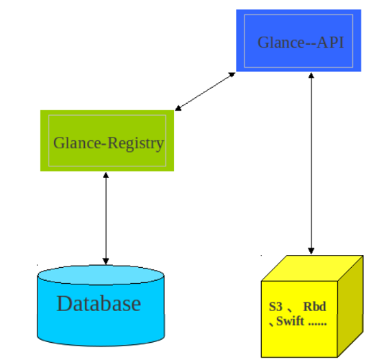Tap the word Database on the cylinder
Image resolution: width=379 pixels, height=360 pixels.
point(99,303)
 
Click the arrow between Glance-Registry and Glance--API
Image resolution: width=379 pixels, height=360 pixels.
point(206,91)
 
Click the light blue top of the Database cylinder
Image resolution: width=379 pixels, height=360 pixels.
point(101,275)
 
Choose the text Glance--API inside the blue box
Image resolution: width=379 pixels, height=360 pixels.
point(301,42)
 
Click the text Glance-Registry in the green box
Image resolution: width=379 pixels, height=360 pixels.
point(109,143)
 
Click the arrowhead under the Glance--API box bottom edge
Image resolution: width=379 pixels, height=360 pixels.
point(311,75)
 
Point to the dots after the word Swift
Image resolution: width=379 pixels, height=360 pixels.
point(317,323)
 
